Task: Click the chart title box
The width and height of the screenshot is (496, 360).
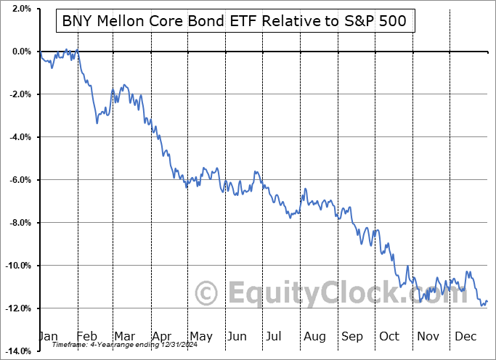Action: tap(236, 22)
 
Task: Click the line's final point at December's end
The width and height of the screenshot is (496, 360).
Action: tap(487, 301)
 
